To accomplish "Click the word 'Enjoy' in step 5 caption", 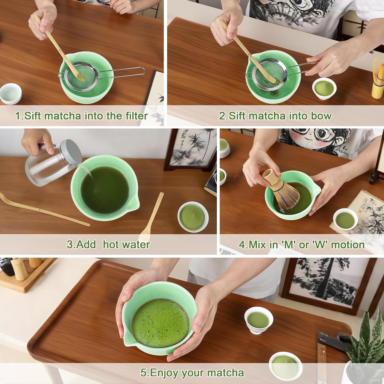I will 163,373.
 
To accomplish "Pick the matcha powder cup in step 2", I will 324,88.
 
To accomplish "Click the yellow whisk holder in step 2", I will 378,90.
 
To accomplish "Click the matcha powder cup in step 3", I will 193,217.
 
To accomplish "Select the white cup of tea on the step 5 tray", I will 259,320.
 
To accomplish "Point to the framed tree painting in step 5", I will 330,284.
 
